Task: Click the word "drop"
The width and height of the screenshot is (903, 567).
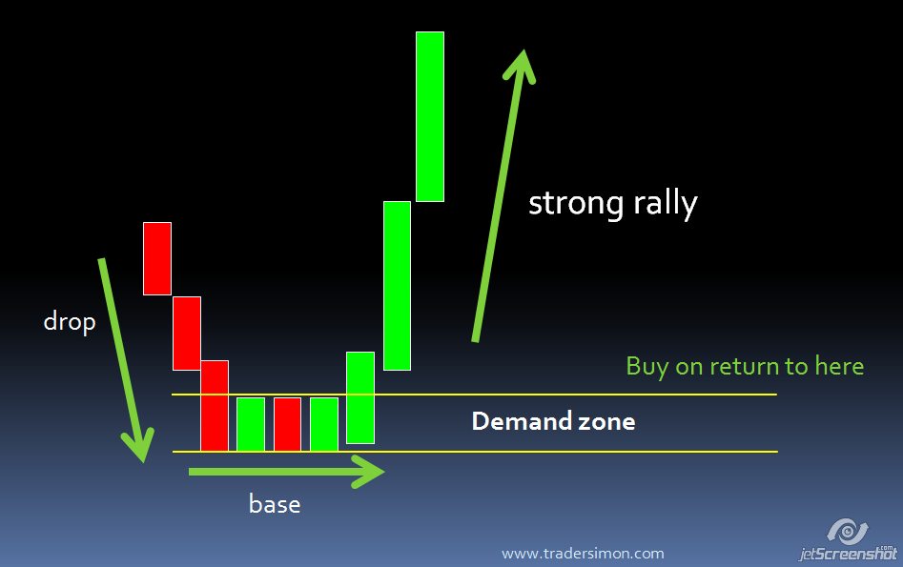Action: point(70,322)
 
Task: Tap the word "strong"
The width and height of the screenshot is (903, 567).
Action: point(576,204)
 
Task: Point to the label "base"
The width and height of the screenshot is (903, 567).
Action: point(275,504)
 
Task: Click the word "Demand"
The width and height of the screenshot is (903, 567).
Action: point(522,421)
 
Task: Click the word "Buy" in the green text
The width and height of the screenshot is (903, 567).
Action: point(647,367)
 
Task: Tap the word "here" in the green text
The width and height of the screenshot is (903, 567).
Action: point(839,366)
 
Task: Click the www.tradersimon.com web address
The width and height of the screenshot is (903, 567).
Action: point(583,554)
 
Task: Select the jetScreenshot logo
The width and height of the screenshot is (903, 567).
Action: point(848,540)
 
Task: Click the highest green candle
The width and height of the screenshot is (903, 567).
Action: point(430,117)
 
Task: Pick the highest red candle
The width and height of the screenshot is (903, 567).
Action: point(157,258)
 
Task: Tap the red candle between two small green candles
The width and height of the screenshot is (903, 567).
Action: point(287,424)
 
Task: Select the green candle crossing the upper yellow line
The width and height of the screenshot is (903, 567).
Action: point(360,397)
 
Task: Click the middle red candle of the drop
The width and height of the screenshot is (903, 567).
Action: point(187,334)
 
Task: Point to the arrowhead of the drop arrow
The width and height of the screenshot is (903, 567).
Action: point(138,447)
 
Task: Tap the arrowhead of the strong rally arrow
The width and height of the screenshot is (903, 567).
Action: point(520,65)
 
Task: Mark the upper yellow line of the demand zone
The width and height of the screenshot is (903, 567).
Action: point(475,395)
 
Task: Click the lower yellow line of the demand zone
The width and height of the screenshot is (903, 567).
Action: point(475,452)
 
